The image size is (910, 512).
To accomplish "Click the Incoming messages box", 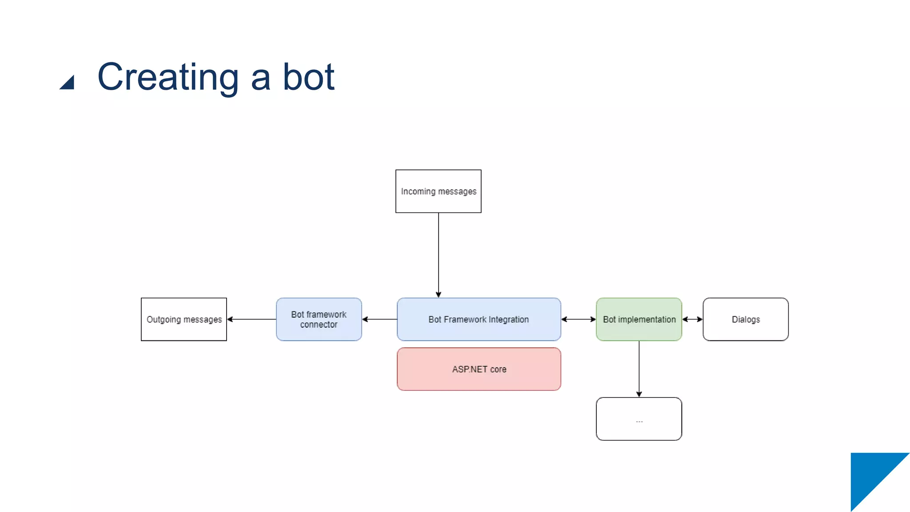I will [438, 191].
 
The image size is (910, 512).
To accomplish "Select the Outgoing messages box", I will [184, 319].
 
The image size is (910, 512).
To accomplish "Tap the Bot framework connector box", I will [319, 319].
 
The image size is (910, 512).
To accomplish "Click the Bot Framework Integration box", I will [479, 319].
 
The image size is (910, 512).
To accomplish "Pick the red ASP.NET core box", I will [479, 369].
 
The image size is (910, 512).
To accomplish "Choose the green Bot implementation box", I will [639, 319].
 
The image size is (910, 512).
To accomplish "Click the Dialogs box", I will [745, 319].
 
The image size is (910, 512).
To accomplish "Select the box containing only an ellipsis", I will [639, 419].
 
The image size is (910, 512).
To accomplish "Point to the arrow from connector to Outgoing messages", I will [251, 319].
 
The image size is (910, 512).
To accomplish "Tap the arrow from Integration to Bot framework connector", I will [379, 319].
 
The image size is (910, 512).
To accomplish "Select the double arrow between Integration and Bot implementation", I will [578, 319].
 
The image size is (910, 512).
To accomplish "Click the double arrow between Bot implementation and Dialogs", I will [692, 319].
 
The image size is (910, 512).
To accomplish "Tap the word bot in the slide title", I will [308, 77].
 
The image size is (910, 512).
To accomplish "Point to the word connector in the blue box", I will [319, 325].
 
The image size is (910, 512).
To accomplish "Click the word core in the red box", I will [498, 369].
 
